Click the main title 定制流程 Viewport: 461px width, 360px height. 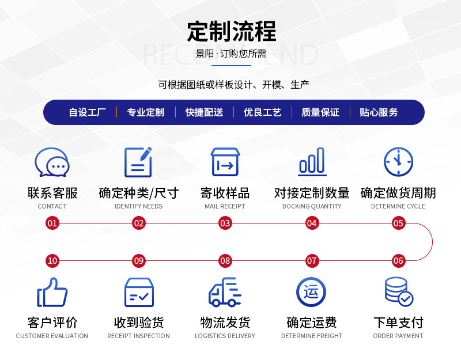(231, 31)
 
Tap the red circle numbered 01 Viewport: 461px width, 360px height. (52, 223)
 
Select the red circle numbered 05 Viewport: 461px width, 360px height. (398, 223)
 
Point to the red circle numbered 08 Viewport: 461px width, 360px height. (225, 260)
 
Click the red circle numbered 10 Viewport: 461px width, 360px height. (52, 260)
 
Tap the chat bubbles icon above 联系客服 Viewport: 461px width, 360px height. (52, 162)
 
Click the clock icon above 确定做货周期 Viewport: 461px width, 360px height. (398, 162)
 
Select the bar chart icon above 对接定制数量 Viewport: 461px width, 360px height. (312, 162)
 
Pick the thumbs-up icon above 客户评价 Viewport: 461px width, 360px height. (52, 292)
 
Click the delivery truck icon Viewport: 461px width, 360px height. (225, 292)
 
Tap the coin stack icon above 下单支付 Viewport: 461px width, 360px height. (398, 292)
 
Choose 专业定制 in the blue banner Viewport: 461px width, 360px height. (146, 112)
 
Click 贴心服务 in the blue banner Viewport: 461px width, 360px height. (379, 112)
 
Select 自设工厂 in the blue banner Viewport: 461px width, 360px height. (88, 112)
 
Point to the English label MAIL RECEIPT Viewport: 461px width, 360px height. (225, 206)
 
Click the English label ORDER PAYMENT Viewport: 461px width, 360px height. (398, 336)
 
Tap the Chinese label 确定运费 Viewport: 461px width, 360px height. (312, 323)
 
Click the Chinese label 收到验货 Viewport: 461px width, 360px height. (139, 323)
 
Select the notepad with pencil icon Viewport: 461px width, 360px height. (138, 162)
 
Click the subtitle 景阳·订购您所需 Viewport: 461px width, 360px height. (231, 54)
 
